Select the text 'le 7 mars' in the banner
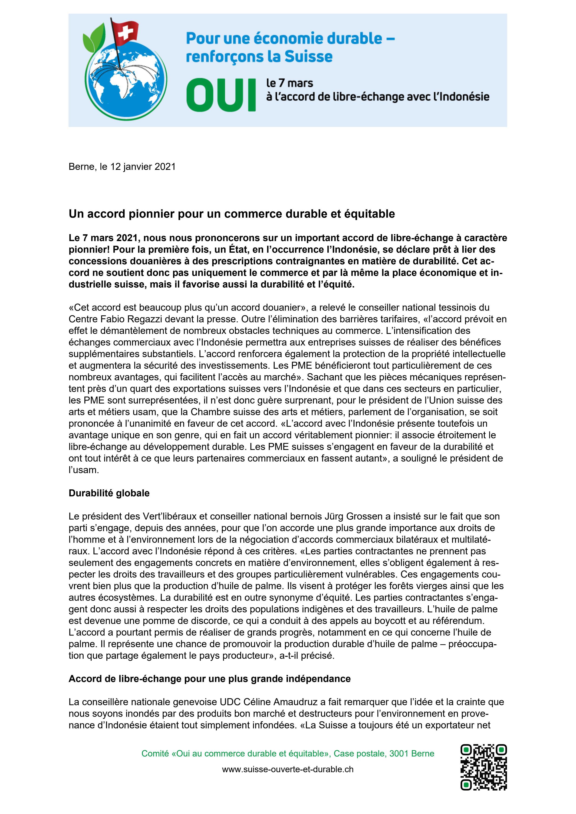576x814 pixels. pos(290,83)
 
